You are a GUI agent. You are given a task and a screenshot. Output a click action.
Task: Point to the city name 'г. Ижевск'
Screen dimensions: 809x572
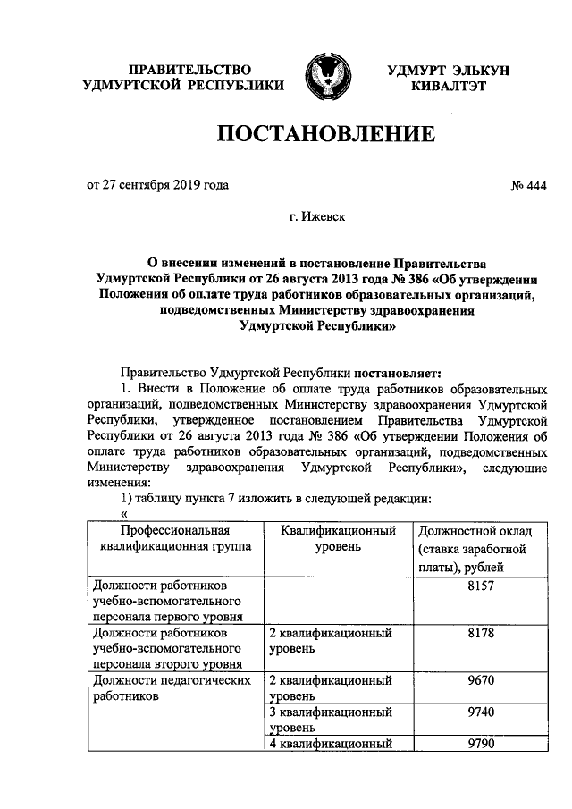[318, 216]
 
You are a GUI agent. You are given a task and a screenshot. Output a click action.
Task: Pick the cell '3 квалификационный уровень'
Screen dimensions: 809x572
[332, 720]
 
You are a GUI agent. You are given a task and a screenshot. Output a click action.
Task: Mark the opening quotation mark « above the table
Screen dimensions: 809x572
[124, 513]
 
